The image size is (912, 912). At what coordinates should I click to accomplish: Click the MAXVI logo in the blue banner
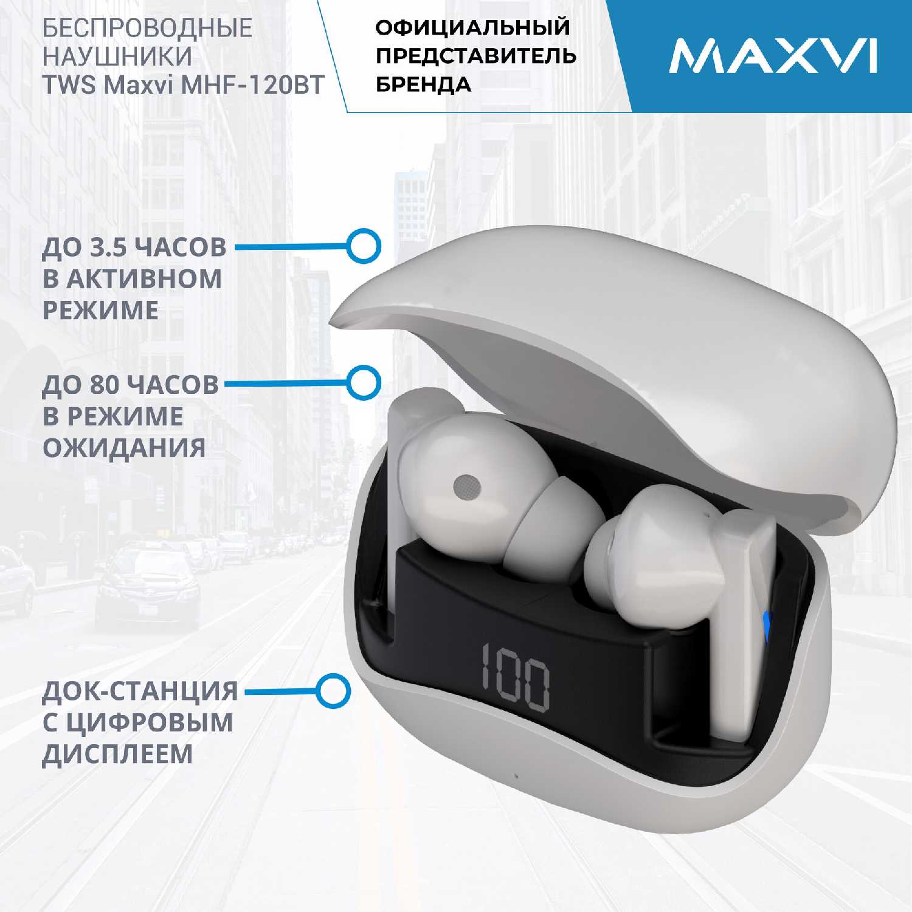773,56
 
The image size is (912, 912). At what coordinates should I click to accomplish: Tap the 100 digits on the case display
516,677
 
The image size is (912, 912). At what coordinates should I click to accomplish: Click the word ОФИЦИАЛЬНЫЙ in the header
473,27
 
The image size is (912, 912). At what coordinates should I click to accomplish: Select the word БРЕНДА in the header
423,85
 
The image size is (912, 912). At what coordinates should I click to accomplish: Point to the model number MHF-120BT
253,85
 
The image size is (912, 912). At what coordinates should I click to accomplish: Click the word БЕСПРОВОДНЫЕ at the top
147,28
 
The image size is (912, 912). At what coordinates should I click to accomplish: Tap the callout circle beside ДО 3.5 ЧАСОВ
364,246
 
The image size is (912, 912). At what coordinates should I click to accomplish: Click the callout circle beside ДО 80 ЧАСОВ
364,383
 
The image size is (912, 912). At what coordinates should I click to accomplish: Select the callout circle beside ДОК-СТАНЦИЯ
333,691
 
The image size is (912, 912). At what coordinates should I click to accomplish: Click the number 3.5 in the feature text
108,247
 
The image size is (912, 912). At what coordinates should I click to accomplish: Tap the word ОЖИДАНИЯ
124,448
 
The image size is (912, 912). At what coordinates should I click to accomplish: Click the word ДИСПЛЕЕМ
117,754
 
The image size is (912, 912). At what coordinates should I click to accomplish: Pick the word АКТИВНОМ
143,279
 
